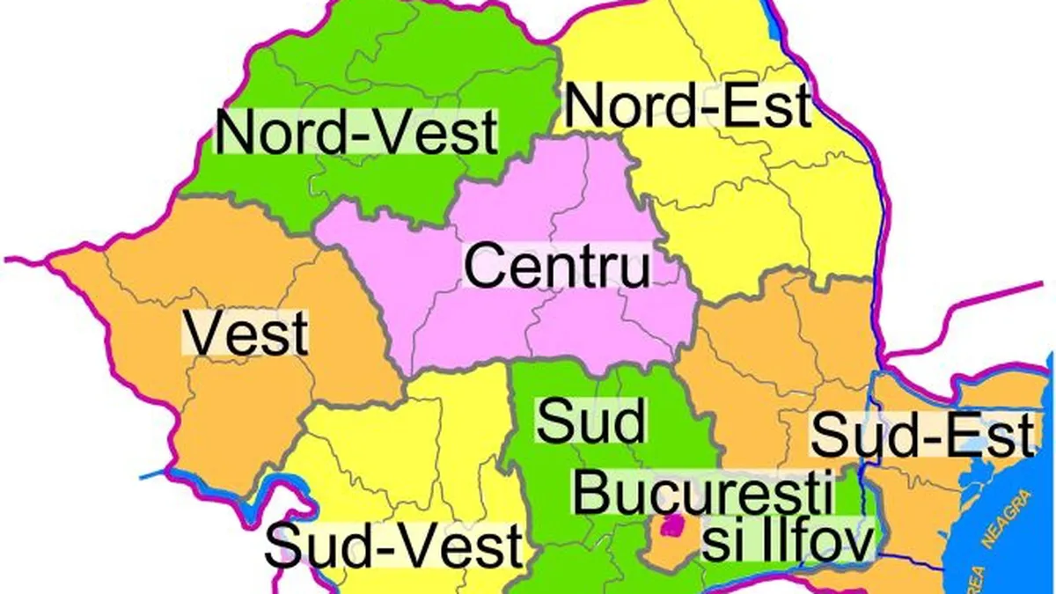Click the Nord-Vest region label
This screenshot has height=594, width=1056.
click(357, 133)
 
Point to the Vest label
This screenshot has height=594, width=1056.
click(247, 334)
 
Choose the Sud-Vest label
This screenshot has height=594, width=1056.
click(394, 546)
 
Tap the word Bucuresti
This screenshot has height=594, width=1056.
click(703, 493)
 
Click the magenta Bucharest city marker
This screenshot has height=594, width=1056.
click(673, 525)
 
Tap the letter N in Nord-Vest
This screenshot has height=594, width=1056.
click(234, 133)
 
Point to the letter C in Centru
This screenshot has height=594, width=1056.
click(485, 266)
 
